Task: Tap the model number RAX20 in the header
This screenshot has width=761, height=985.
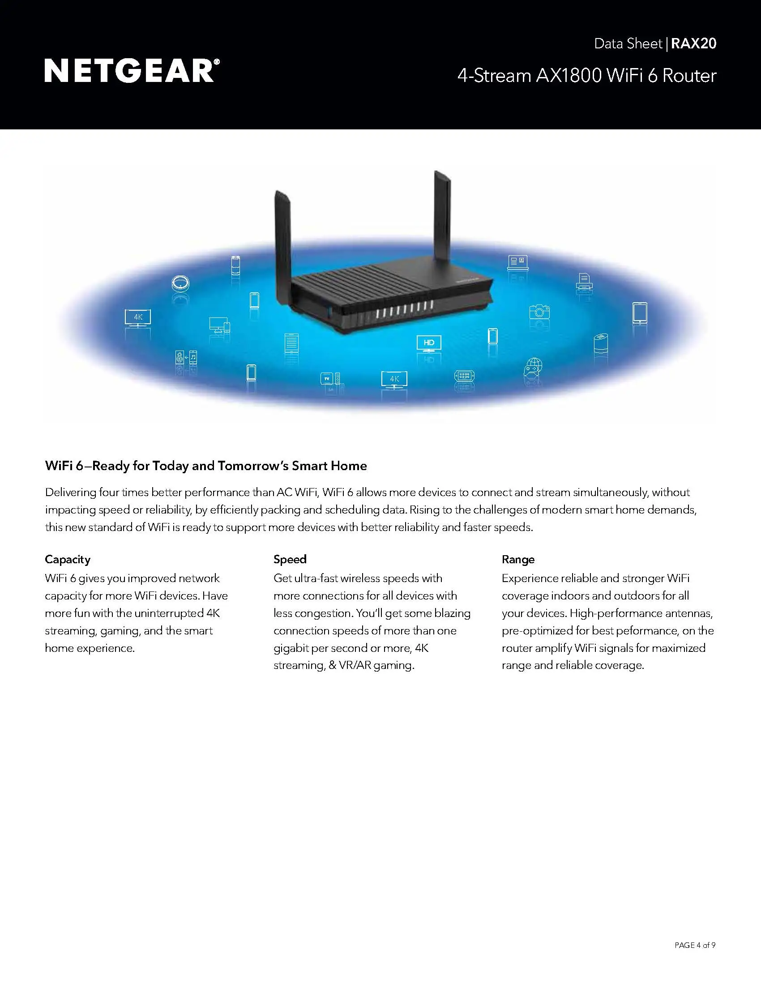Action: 693,43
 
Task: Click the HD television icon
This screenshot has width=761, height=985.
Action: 429,343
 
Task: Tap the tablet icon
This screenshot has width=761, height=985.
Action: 639,312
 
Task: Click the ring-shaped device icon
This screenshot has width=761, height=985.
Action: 180,283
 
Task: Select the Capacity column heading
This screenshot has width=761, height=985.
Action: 68,559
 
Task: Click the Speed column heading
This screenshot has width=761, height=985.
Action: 290,559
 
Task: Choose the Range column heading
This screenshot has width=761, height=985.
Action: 518,559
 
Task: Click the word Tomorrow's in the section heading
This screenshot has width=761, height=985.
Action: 253,466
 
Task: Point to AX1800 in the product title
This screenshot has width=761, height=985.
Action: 569,75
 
